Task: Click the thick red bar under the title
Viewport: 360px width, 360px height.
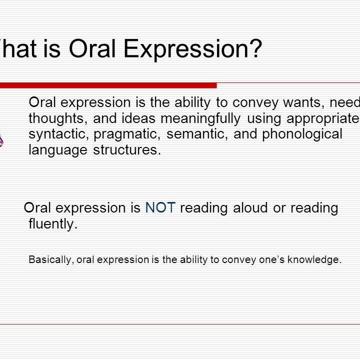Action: tap(107, 85)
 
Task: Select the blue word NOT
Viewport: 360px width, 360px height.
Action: tap(160, 208)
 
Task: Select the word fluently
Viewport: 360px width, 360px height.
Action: tap(53, 224)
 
